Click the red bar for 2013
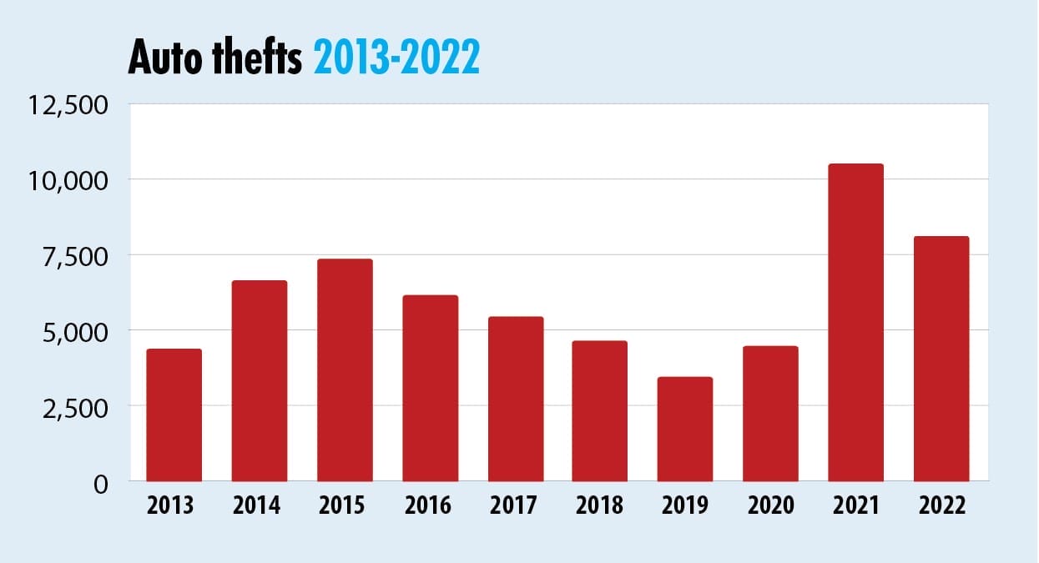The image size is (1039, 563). tap(174, 415)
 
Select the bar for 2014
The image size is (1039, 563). tap(260, 380)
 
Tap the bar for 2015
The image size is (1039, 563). tap(345, 369)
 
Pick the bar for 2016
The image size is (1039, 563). tap(430, 388)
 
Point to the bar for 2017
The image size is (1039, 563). tap(516, 399)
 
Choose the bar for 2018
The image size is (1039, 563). tap(600, 410)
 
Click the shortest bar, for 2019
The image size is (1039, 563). tap(685, 429)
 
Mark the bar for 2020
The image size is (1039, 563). tap(770, 413)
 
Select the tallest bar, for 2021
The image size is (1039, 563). tap(855, 322)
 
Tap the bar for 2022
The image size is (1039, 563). tap(941, 359)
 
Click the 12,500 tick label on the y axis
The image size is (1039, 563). tap(69, 106)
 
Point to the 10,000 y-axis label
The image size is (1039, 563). tap(69, 181)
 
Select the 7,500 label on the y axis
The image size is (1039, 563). tap(77, 256)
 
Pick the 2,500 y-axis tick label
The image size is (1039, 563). tap(77, 407)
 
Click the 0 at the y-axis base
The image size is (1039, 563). tap(101, 483)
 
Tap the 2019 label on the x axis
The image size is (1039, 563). tap(685, 505)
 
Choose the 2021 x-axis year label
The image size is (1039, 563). tap(855, 505)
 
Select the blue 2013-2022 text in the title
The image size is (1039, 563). tap(396, 58)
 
